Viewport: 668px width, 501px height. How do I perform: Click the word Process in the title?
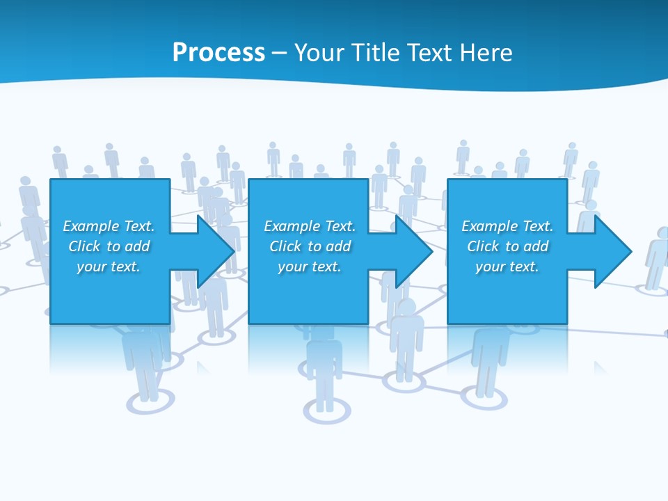(218, 53)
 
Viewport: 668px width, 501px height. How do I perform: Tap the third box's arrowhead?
(612, 251)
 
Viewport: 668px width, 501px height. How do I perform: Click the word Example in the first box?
(90, 226)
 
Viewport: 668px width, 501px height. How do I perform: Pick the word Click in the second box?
(285, 246)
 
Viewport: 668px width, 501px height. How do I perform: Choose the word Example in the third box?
(489, 226)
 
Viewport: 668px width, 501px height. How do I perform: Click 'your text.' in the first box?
(109, 267)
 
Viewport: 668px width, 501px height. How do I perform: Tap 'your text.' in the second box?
(309, 267)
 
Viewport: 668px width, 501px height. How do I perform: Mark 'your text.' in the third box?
(507, 267)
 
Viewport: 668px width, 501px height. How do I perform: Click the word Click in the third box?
(483, 246)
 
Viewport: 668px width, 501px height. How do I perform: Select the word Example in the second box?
(292, 226)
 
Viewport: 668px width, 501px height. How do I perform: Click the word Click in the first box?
(84, 246)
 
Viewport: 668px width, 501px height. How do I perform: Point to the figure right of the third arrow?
(657, 257)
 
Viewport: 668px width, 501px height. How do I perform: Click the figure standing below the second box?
(324, 369)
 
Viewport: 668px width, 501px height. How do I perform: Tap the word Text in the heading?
(431, 53)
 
